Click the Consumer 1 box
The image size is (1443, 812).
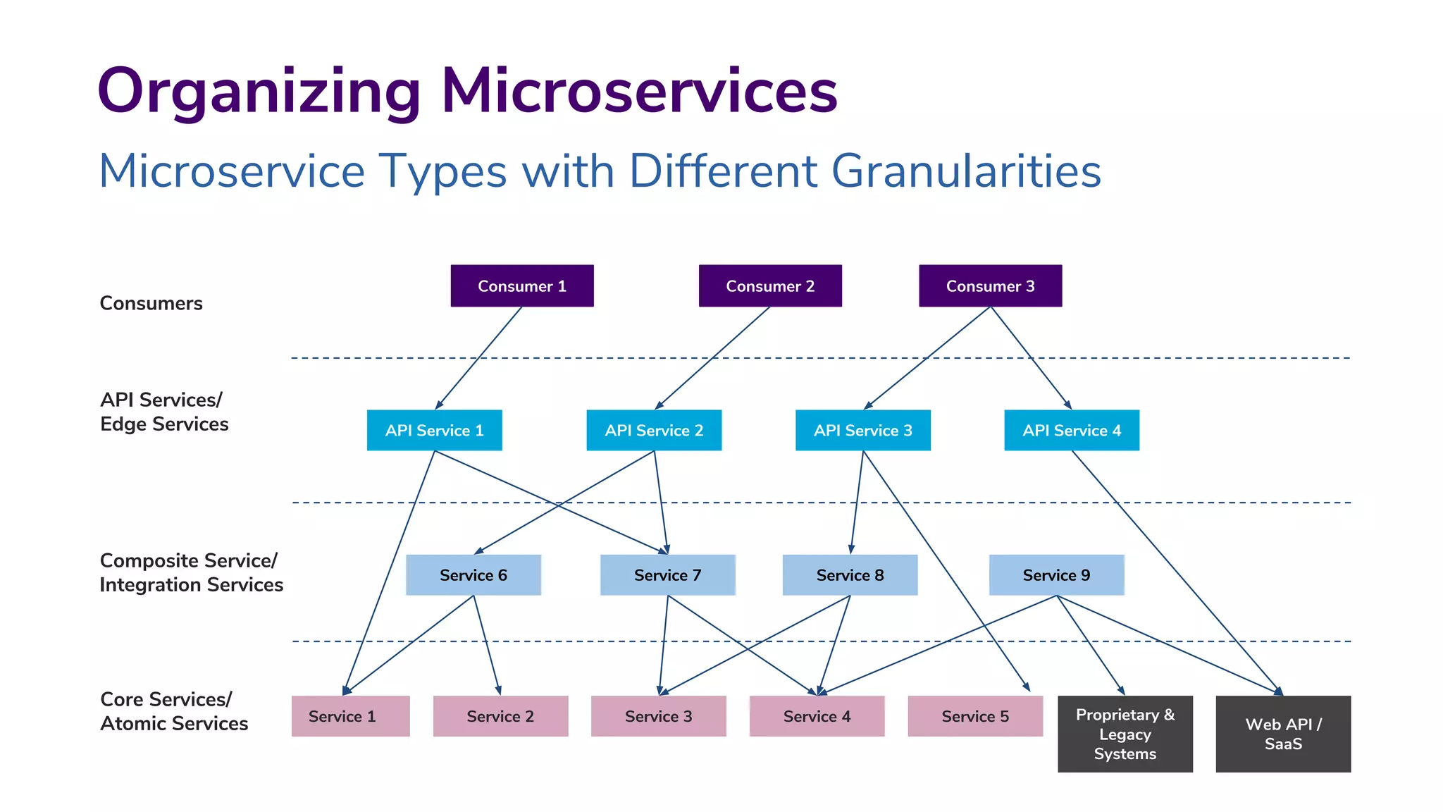pyautogui.click(x=521, y=285)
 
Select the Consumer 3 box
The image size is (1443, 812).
pyautogui.click(x=990, y=285)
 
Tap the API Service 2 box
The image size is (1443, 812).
pyautogui.click(x=654, y=430)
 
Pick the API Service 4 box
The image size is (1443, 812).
pyautogui.click(x=1071, y=430)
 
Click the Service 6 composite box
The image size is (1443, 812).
pyautogui.click(x=473, y=574)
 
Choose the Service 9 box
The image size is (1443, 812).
pyautogui.click(x=1056, y=574)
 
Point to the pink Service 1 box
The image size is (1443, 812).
pyautogui.click(x=350, y=716)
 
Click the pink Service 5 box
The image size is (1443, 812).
pyautogui.click(x=975, y=716)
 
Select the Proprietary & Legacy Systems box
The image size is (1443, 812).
pyautogui.click(x=1125, y=734)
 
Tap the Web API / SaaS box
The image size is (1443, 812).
pyautogui.click(x=1283, y=734)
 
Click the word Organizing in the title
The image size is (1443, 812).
pyautogui.click(x=259, y=92)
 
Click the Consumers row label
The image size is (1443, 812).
pyautogui.click(x=151, y=303)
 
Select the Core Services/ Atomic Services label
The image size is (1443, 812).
pyautogui.click(x=173, y=711)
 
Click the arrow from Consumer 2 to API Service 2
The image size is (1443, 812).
pyautogui.click(x=712, y=358)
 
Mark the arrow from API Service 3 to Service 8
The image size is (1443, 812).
pyautogui.click(x=857, y=502)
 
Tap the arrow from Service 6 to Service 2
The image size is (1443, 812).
pyautogui.click(x=487, y=645)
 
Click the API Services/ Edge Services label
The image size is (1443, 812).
pyautogui.click(x=163, y=412)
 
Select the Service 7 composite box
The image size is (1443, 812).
pyautogui.click(x=667, y=574)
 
